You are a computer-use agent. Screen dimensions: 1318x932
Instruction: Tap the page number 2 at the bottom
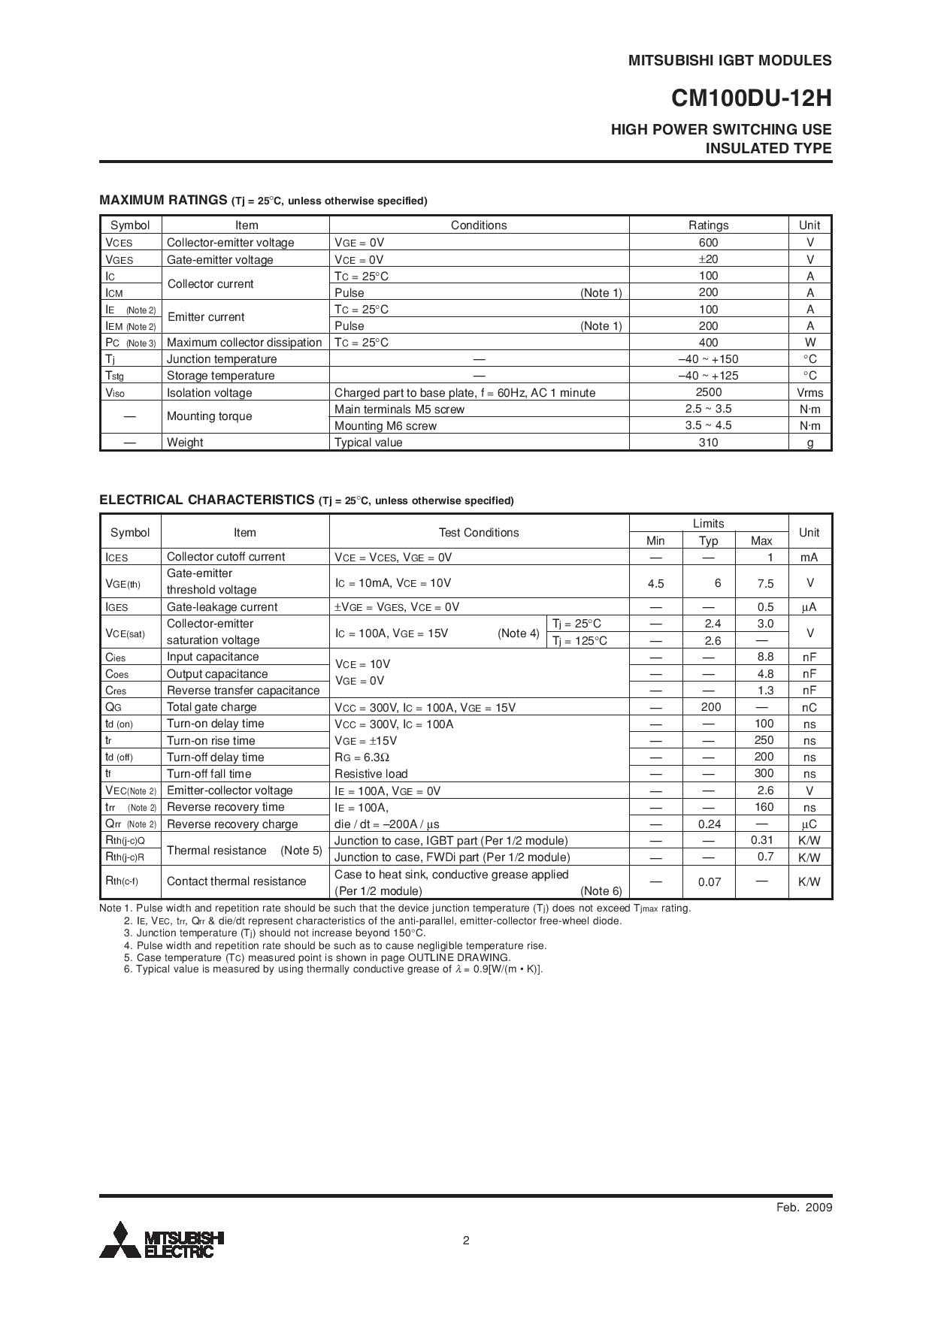click(x=466, y=1241)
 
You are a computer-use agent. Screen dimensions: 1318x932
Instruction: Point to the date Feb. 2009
click(x=803, y=1208)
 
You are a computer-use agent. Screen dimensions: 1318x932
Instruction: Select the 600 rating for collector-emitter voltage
click(x=708, y=243)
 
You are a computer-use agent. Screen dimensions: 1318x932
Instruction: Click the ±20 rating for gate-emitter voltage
click(x=708, y=259)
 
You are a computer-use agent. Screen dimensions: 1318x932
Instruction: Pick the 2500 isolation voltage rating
click(x=708, y=392)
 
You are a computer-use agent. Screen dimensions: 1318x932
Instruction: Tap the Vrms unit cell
click(x=809, y=393)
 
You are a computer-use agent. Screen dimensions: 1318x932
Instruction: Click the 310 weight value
click(x=708, y=443)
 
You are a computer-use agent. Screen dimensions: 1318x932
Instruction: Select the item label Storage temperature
click(x=220, y=376)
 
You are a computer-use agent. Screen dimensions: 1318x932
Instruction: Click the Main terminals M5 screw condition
click(x=399, y=410)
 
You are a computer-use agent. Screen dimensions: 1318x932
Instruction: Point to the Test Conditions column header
click(x=479, y=533)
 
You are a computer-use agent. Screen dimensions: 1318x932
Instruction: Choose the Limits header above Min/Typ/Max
click(x=708, y=524)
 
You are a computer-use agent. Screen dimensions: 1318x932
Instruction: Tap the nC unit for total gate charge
click(x=809, y=708)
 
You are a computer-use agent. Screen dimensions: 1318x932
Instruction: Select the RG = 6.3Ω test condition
click(x=362, y=757)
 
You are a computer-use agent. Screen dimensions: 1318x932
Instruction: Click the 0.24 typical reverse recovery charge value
click(x=710, y=824)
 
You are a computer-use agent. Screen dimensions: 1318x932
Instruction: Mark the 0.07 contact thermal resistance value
click(x=710, y=882)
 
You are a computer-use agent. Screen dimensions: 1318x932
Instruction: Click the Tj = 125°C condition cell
click(x=579, y=641)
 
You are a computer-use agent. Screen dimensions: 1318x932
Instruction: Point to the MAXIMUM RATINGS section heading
click(x=163, y=200)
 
